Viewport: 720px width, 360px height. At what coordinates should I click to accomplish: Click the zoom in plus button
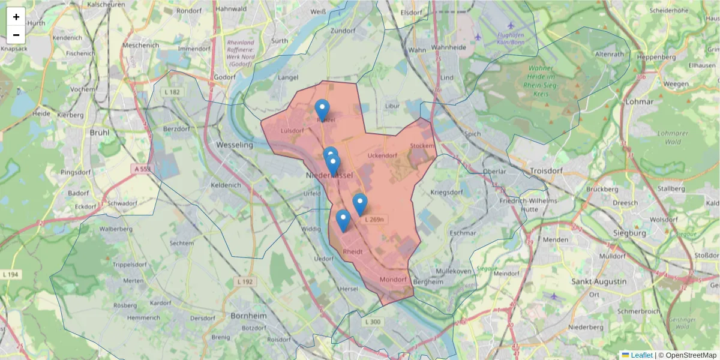coord(16,17)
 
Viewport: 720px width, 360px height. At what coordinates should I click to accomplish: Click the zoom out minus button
coord(16,35)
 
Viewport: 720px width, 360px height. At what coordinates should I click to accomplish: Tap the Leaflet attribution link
coord(641,355)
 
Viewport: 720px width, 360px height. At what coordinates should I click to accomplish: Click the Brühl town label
coord(100,133)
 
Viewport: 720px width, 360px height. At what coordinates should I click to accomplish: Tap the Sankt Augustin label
coord(599,281)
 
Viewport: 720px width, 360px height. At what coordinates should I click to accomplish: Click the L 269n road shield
coord(373,220)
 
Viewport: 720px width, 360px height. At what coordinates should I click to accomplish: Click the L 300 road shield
coord(373,322)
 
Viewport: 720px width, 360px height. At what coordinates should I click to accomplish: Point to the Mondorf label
coord(394,280)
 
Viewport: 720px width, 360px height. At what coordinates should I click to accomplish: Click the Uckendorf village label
coord(382,156)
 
